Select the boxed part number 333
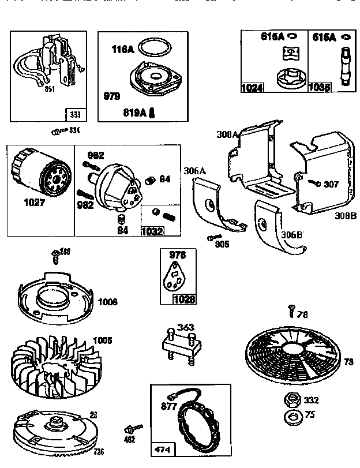pyautogui.click(x=75, y=114)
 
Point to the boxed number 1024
pyautogui.click(x=252, y=88)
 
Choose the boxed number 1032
pyautogui.click(x=152, y=231)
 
